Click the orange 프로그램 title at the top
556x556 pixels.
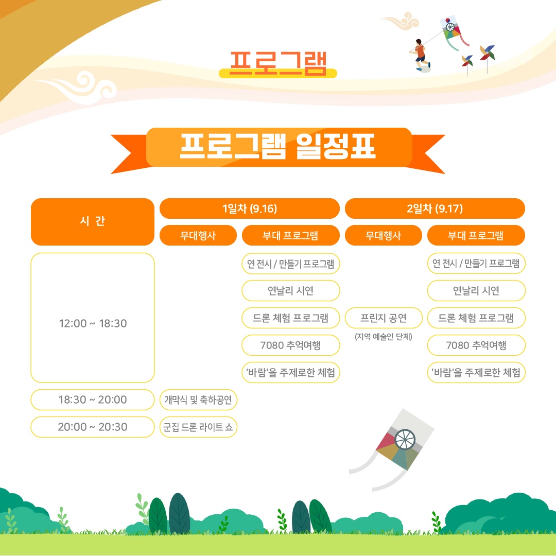click(x=278, y=64)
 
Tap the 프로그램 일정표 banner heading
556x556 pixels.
click(x=278, y=146)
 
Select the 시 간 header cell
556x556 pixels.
click(x=93, y=221)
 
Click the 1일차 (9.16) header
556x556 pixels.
click(x=250, y=208)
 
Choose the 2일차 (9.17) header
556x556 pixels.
click(x=435, y=208)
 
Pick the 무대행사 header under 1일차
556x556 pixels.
click(x=198, y=235)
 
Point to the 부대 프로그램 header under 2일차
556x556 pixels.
click(x=476, y=235)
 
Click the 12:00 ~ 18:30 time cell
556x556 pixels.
click(x=93, y=318)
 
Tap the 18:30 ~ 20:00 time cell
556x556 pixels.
click(x=93, y=399)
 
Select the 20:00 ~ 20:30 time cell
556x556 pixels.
click(x=93, y=427)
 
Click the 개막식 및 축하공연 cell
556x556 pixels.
click(x=198, y=399)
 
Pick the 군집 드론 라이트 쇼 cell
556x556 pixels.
click(x=198, y=427)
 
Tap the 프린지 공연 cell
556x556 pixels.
click(x=384, y=318)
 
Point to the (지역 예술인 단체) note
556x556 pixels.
click(x=384, y=337)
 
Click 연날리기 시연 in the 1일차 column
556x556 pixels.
click(x=290, y=291)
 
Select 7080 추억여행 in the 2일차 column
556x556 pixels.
click(x=476, y=345)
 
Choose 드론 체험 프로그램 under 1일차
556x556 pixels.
click(x=290, y=318)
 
